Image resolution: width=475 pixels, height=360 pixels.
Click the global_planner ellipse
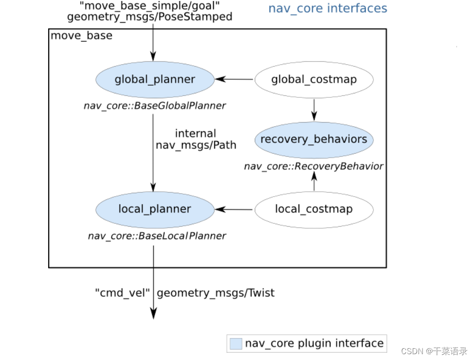click(155, 79)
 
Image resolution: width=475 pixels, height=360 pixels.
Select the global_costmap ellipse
click(314, 79)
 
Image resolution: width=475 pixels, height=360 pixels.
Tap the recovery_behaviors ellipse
click(314, 140)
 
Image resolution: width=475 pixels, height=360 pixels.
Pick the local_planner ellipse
click(155, 209)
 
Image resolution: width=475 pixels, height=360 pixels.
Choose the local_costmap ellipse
click(314, 209)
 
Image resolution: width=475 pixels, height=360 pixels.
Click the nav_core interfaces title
click(328, 8)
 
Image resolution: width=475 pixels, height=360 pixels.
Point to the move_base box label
click(82, 36)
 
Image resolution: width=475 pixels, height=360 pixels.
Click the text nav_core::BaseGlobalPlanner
click(155, 106)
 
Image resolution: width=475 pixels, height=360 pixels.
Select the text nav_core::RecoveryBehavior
click(314, 166)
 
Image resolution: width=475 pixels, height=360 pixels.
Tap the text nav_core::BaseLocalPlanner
click(157, 236)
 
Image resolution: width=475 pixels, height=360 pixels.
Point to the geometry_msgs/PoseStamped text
click(150, 17)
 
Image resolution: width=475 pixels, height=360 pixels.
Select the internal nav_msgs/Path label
click(195, 139)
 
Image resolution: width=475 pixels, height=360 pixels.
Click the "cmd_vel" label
click(122, 293)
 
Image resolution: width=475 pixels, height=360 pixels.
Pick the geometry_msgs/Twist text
click(215, 293)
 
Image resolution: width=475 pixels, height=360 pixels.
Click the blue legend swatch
click(235, 343)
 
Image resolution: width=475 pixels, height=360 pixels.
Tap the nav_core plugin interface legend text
click(314, 343)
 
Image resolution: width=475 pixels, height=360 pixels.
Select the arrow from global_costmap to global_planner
click(234, 79)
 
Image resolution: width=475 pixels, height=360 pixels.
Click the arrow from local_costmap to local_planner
click(234, 209)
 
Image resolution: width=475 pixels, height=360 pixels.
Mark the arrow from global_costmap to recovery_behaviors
click(314, 109)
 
